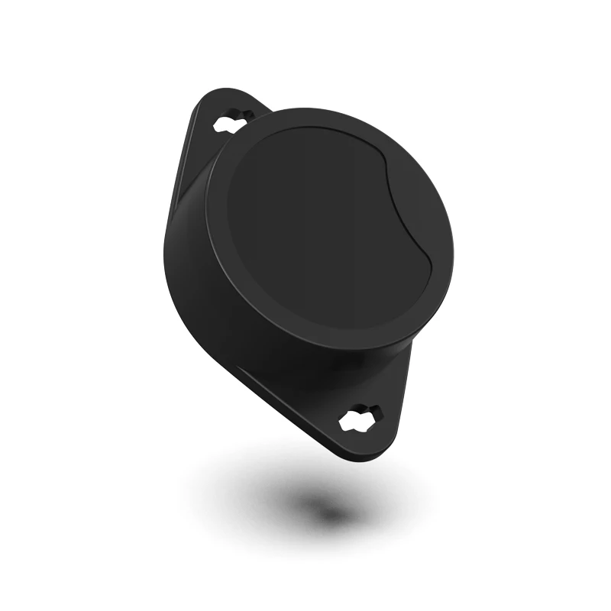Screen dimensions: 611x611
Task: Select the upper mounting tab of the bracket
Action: (x=221, y=115)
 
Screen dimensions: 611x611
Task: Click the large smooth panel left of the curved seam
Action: (x=305, y=229)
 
